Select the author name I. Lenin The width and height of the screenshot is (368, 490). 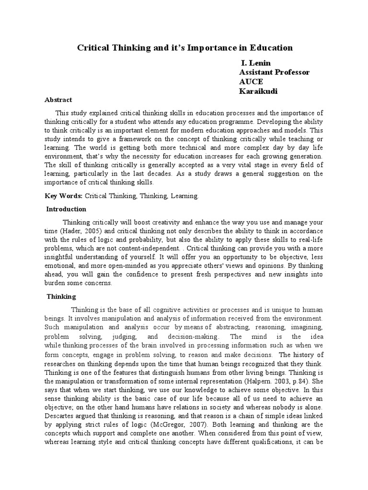[x=255, y=63]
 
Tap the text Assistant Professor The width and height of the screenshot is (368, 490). [x=274, y=72]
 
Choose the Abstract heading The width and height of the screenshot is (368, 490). [x=58, y=100]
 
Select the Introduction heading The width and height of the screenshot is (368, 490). [x=66, y=209]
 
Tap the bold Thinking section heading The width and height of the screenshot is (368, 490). [x=61, y=296]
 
